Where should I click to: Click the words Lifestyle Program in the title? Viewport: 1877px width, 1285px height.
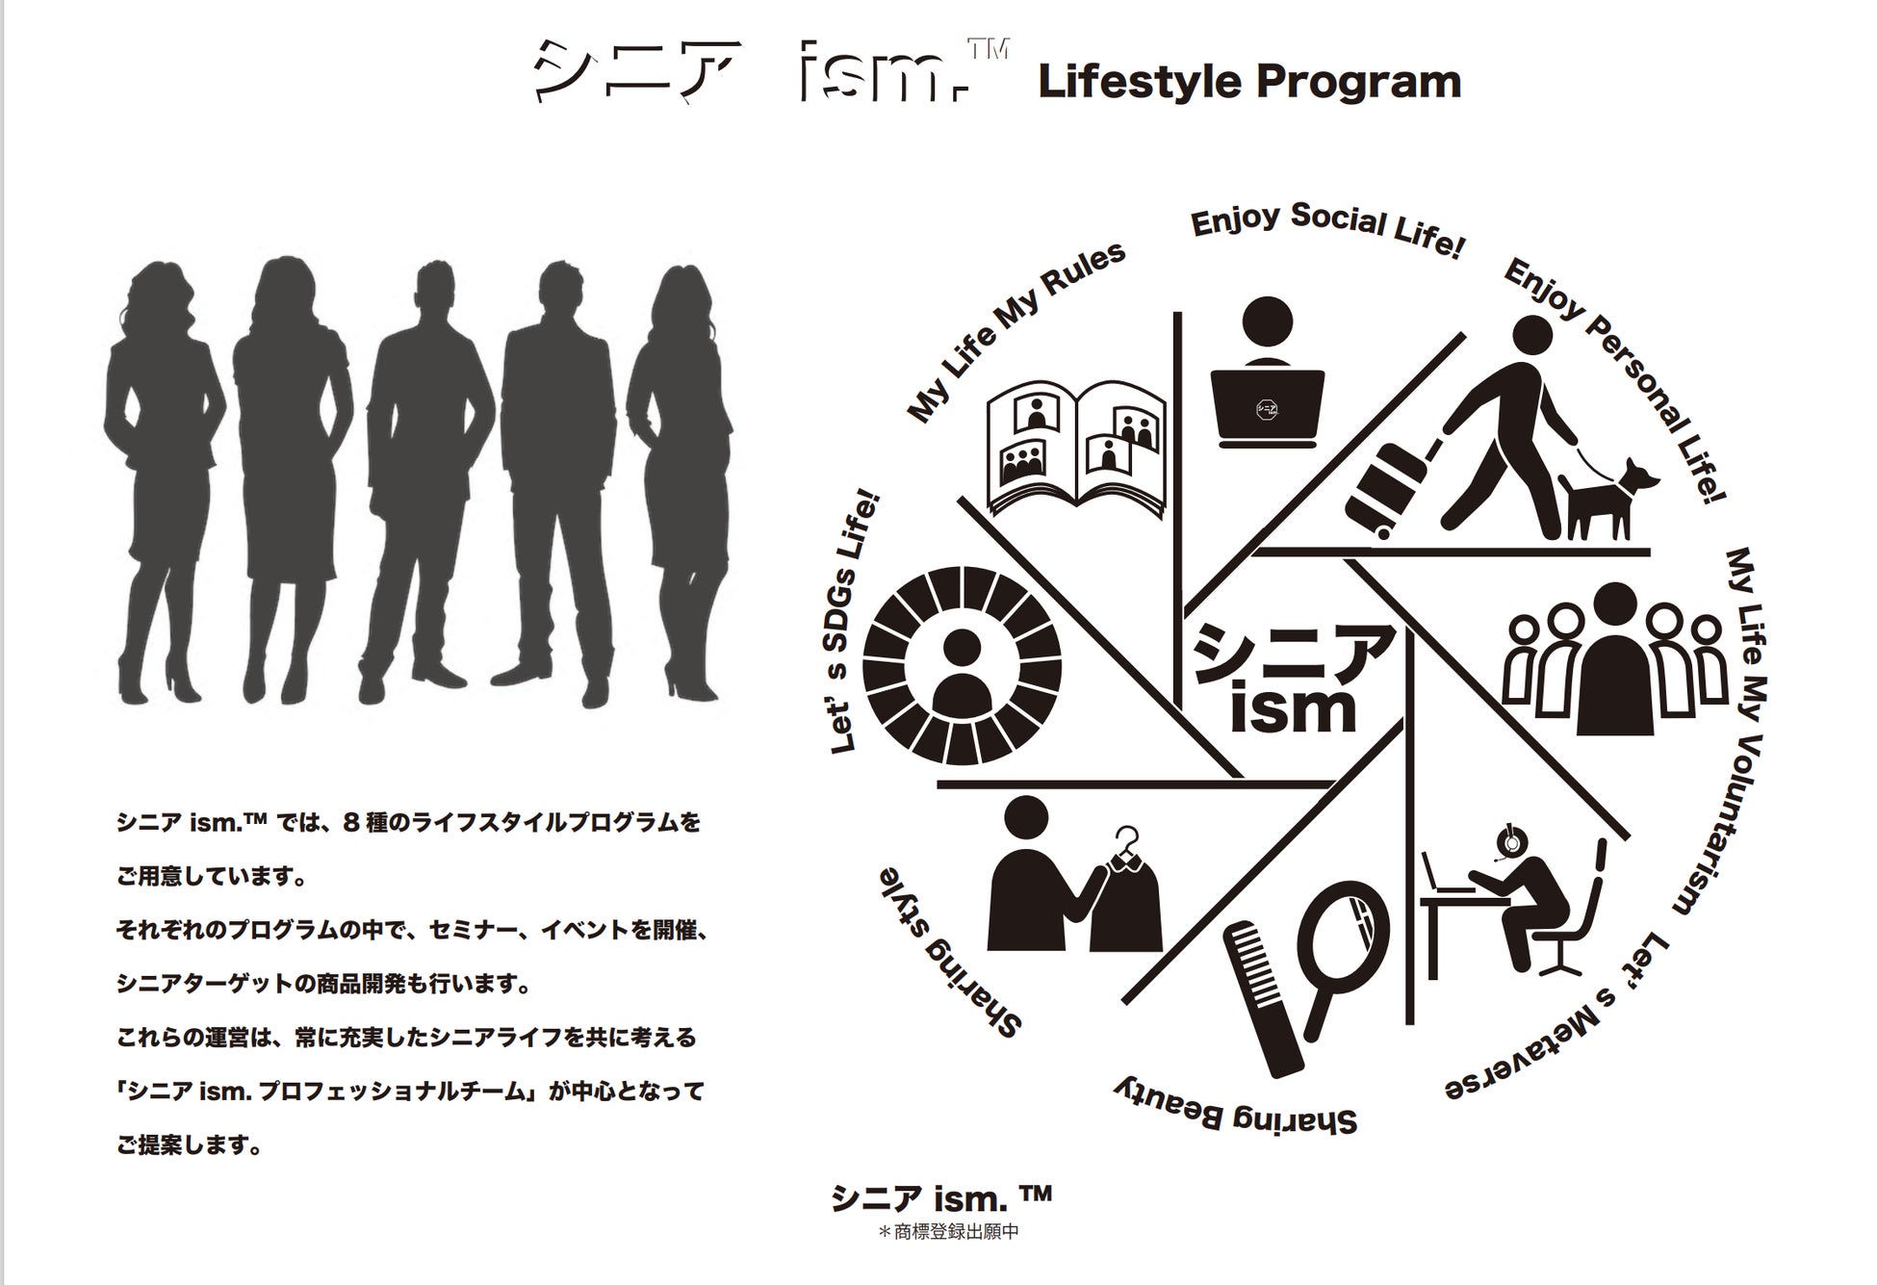pyautogui.click(x=1249, y=82)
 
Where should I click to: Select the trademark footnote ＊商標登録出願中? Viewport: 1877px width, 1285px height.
pyautogui.click(x=948, y=1232)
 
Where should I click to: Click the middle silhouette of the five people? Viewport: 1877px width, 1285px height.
pyautogui.click(x=424, y=481)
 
